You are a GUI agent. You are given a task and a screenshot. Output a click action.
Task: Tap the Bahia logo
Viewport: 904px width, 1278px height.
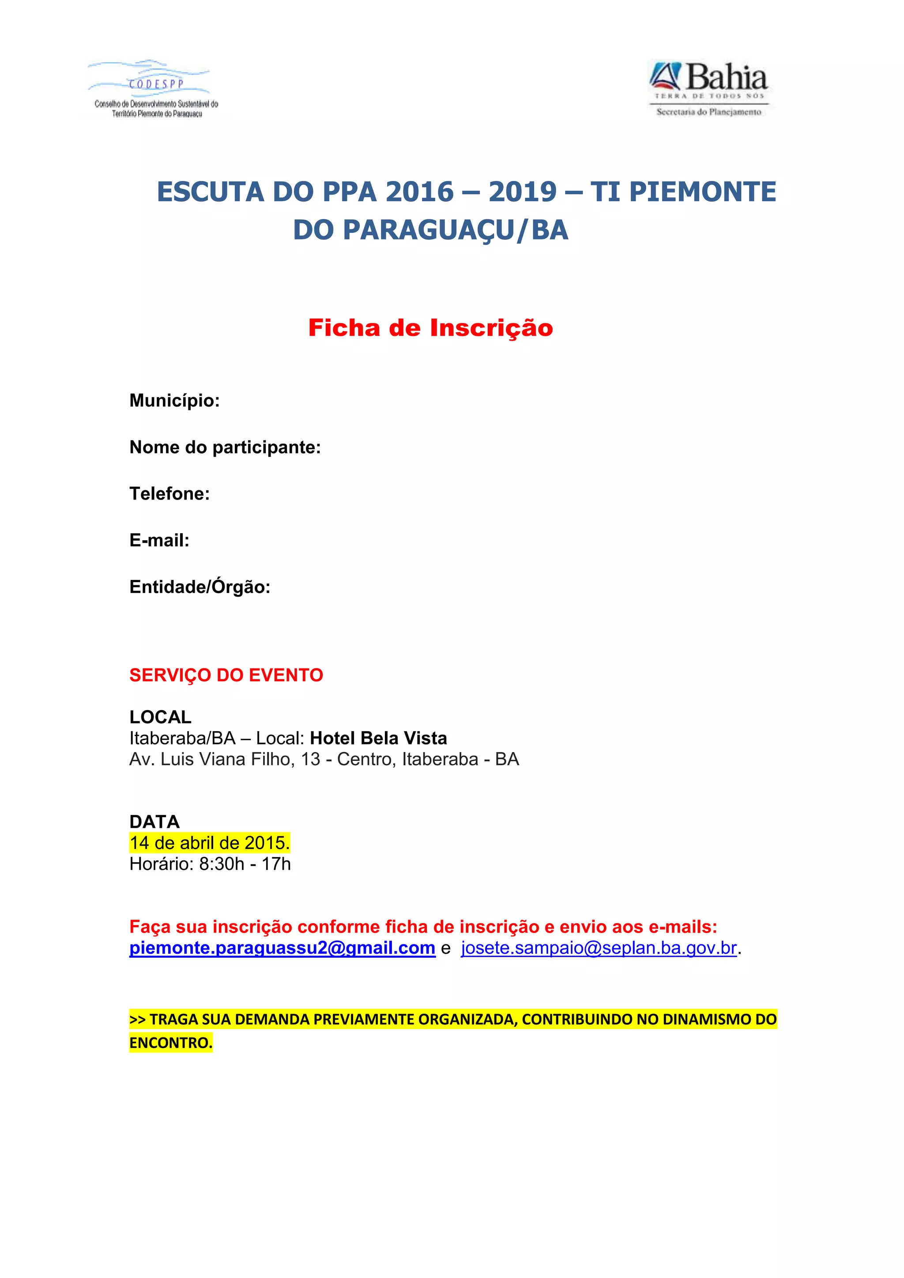click(x=708, y=88)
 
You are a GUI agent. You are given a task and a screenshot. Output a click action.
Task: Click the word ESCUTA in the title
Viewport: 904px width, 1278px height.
click(x=210, y=192)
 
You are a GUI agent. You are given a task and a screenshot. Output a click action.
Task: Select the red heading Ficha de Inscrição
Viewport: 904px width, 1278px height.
click(x=430, y=328)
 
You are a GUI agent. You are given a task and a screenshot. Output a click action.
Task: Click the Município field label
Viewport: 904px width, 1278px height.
click(x=174, y=401)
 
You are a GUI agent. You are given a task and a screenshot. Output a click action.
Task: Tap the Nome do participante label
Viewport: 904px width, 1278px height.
click(x=225, y=447)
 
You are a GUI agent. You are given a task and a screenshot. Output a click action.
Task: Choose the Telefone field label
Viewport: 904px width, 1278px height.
click(x=169, y=494)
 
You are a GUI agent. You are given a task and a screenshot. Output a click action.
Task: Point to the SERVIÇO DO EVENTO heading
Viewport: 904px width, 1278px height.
click(x=226, y=675)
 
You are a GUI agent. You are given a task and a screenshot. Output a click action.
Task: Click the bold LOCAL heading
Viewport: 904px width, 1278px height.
click(x=160, y=717)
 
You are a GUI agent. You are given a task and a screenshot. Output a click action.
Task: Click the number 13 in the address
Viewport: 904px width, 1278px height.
click(x=311, y=759)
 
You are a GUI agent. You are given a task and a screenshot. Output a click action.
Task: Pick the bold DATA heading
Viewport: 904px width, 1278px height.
click(x=154, y=822)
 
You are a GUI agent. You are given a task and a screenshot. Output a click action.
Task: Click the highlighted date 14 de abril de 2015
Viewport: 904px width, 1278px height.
click(x=209, y=843)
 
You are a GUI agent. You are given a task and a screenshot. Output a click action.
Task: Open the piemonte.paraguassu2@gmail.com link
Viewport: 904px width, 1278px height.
click(x=282, y=948)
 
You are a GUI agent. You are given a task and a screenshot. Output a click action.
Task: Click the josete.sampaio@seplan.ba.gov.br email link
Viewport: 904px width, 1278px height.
click(x=599, y=948)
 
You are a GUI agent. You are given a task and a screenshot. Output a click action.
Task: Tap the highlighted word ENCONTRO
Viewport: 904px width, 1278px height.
click(x=170, y=1042)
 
